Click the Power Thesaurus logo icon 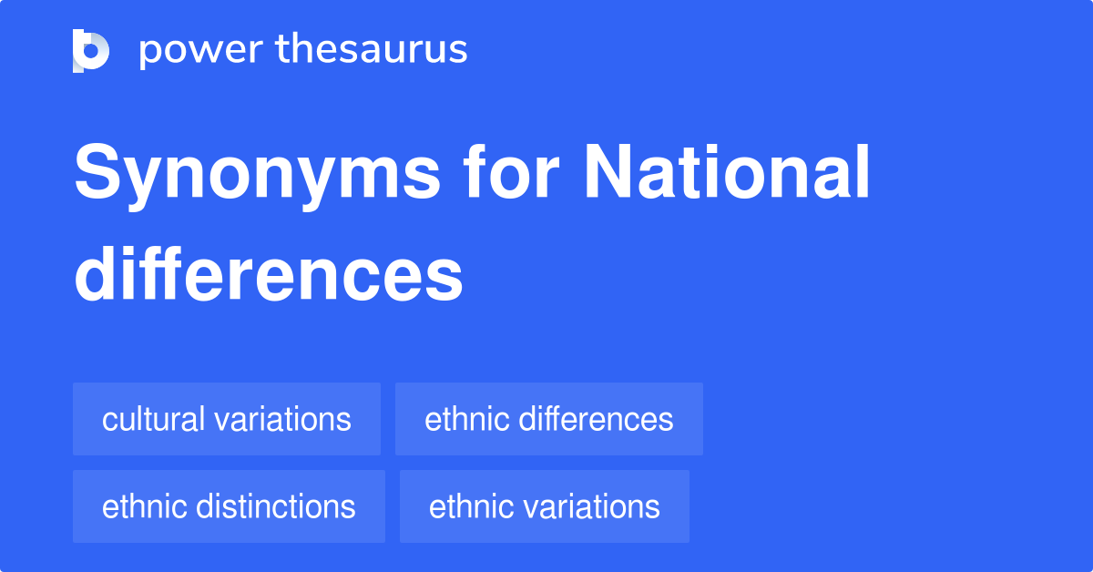click(91, 50)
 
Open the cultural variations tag click(227, 419)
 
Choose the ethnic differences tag click(548, 419)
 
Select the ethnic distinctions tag click(229, 506)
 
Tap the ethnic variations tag click(544, 506)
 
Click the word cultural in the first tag click(153, 419)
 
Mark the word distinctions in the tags click(278, 506)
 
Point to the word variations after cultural click(281, 419)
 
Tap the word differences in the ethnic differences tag click(597, 419)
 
